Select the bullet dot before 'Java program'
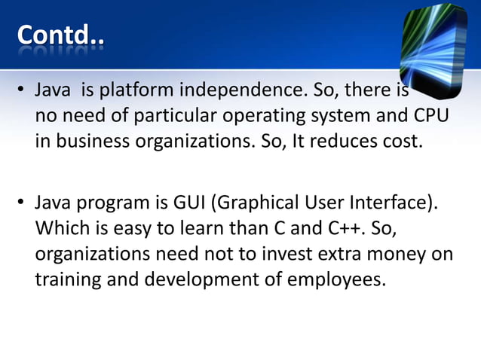click(22, 203)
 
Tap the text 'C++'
click(352, 228)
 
